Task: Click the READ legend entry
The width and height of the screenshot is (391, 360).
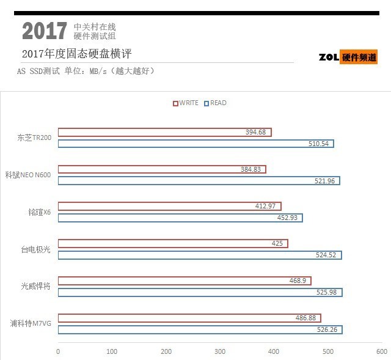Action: click(215, 103)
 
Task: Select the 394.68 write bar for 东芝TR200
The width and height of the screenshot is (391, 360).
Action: click(164, 132)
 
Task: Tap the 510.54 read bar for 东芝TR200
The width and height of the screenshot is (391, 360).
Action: click(195, 144)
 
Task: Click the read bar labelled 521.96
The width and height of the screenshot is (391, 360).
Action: click(199, 181)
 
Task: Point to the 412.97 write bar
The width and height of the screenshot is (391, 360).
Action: click(169, 207)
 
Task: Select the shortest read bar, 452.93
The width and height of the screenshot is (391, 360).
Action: click(180, 218)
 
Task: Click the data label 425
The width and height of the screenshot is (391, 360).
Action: click(277, 244)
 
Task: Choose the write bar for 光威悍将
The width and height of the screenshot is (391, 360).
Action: click(185, 281)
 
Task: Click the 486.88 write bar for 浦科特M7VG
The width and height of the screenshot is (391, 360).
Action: click(189, 318)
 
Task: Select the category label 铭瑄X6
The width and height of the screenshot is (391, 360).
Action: click(39, 212)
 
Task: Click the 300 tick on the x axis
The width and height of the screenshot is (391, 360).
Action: click(220, 351)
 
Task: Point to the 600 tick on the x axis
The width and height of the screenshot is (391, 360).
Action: click(381, 351)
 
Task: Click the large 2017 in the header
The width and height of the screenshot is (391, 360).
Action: click(45, 31)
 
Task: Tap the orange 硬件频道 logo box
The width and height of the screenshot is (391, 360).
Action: click(359, 57)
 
